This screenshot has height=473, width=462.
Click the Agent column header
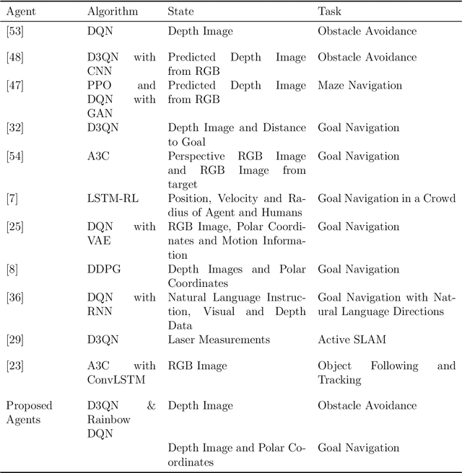20,12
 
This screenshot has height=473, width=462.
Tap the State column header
180,12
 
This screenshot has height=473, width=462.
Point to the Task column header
330,12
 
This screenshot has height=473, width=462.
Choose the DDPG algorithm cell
104,269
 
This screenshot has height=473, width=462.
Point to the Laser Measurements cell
219,340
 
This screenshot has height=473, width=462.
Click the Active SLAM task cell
349,340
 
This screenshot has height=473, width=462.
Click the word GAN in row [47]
99,114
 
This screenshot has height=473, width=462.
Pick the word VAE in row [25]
99,241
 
